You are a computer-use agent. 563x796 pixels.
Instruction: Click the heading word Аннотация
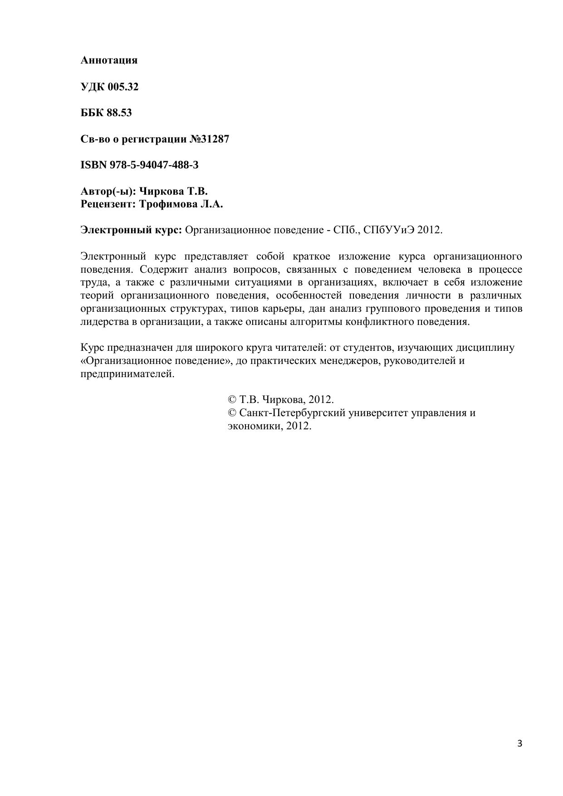click(x=109, y=60)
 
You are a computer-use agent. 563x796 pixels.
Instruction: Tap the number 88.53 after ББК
click(x=119, y=113)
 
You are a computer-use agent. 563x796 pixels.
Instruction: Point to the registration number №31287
click(x=209, y=139)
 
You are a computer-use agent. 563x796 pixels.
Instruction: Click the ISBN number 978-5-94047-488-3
click(x=154, y=165)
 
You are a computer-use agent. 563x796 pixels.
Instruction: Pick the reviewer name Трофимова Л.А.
click(x=181, y=204)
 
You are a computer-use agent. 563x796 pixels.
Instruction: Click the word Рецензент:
click(x=108, y=204)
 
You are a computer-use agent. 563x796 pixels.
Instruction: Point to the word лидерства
click(x=100, y=322)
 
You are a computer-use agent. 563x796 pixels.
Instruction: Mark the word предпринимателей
click(x=127, y=374)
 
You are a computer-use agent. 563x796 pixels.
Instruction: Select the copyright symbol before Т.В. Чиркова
click(x=232, y=400)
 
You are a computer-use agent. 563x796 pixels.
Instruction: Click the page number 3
click(x=520, y=743)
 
